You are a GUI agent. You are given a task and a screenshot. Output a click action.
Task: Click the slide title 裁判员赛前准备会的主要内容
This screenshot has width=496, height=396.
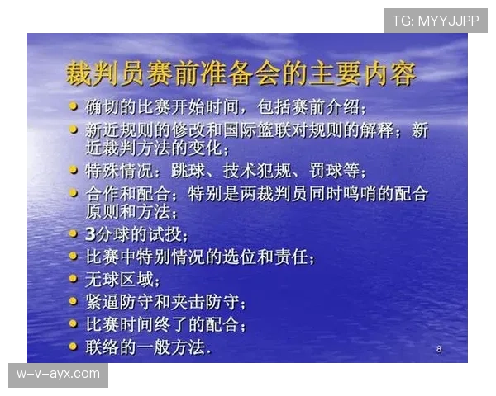pos(241,73)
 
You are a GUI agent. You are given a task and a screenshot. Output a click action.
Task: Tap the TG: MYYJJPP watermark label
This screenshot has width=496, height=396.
pos(436,20)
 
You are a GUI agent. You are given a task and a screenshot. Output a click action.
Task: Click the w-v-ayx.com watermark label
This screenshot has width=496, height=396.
pos(59,375)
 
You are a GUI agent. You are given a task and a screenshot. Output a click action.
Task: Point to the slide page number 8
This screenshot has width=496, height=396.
pos(438,350)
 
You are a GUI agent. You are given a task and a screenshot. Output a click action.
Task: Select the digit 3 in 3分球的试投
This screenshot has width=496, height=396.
pos(92,235)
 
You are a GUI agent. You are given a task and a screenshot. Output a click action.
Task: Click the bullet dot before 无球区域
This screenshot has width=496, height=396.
pos(74,278)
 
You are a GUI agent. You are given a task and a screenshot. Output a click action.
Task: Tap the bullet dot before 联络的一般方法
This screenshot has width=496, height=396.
pos(74,346)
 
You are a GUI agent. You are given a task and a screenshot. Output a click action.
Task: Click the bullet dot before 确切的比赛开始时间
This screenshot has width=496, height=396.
pos(74,106)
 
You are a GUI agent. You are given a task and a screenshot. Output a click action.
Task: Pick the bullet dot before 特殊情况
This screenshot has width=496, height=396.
pos(74,171)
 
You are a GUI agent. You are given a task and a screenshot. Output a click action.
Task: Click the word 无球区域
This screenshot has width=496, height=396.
pos(120,279)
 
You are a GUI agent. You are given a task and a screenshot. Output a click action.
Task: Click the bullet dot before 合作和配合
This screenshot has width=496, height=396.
pos(74,193)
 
